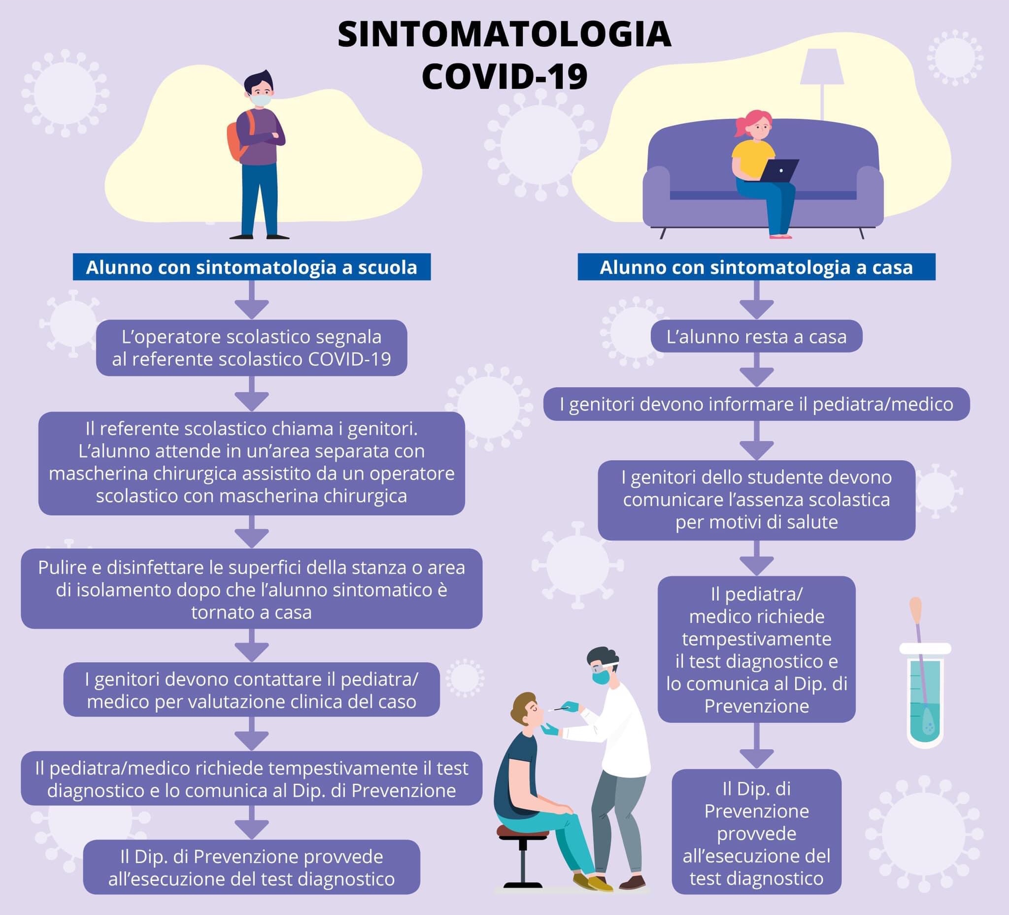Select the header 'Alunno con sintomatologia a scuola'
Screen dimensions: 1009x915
(x=252, y=267)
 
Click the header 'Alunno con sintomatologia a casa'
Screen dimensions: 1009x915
(x=756, y=267)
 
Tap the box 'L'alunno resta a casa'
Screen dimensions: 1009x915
(x=756, y=337)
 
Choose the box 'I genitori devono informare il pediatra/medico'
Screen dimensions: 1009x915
(x=756, y=404)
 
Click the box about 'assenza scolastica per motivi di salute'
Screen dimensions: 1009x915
(x=756, y=500)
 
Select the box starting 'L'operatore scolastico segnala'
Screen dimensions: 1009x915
(x=252, y=348)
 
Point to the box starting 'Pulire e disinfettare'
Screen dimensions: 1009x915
(x=252, y=589)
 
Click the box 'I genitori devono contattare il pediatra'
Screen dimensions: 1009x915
(x=252, y=690)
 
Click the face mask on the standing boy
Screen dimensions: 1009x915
(x=260, y=99)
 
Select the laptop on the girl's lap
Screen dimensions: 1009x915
(x=779, y=170)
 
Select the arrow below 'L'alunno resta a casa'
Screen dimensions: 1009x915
(x=756, y=370)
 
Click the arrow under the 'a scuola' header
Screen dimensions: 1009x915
(x=252, y=300)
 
